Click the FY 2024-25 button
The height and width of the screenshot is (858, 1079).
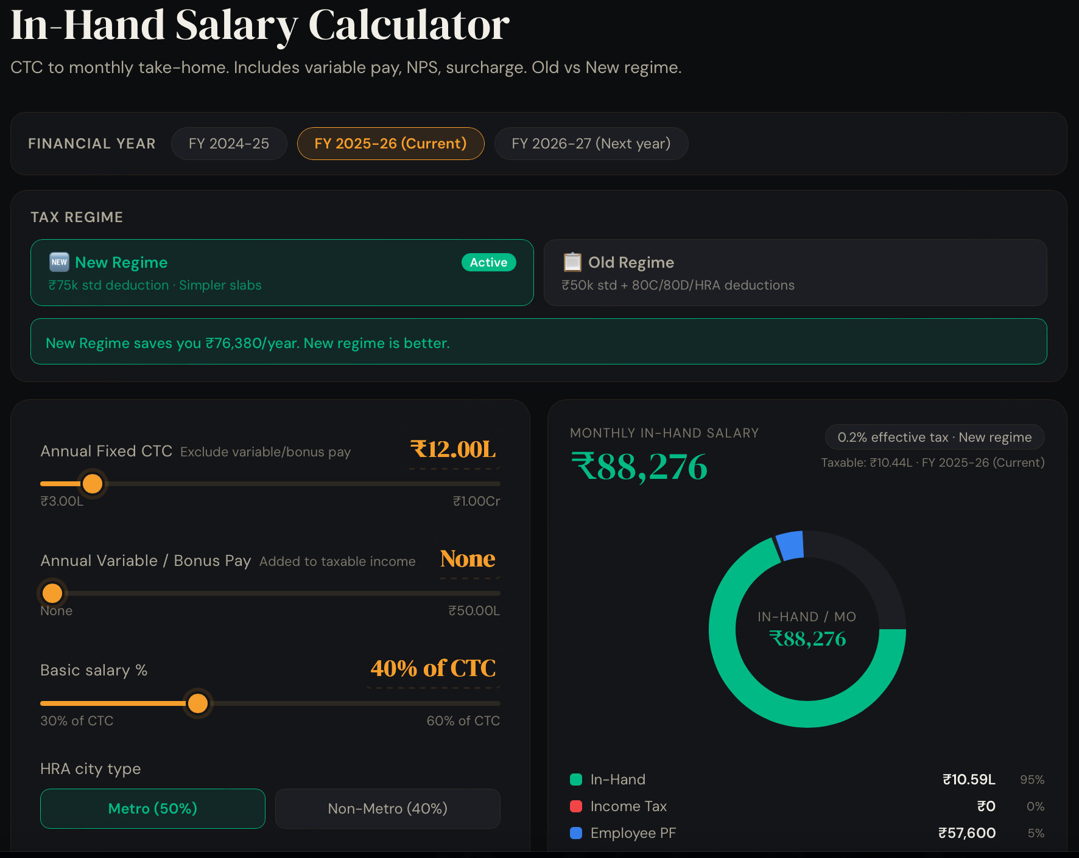229,144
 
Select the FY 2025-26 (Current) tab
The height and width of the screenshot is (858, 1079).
390,144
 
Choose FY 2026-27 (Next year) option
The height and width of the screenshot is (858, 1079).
591,144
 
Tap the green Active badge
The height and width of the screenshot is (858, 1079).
488,262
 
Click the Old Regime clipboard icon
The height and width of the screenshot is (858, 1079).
572,262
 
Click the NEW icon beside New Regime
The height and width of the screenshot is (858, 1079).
59,262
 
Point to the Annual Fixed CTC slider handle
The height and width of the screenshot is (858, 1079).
93,484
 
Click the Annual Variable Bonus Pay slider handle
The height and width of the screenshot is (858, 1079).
52,593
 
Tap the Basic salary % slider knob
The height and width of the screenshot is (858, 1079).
198,703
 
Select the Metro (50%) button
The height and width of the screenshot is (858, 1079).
153,808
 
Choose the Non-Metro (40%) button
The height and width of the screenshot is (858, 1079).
387,808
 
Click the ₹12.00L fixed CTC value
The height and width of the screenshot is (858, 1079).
454,450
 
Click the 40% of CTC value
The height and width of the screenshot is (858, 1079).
433,668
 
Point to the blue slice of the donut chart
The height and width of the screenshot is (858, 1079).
790,545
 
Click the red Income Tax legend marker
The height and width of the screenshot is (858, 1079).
576,806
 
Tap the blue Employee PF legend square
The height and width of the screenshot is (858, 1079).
576,833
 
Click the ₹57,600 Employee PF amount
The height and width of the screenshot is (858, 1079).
966,833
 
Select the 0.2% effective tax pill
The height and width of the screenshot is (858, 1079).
934,437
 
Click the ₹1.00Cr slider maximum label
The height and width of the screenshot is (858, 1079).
476,501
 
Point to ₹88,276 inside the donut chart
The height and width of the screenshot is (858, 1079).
807,639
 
